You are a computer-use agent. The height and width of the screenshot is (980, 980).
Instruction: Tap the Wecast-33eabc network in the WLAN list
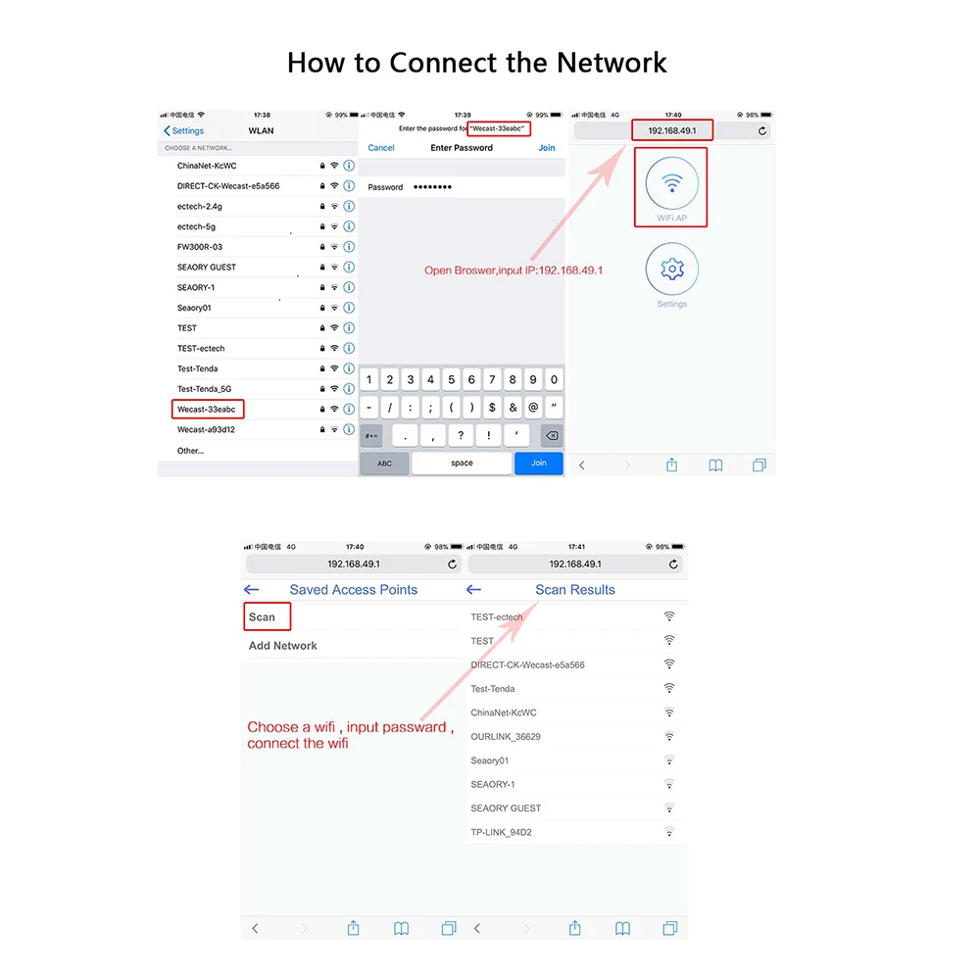206,410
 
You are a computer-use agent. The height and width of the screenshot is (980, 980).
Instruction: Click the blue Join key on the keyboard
538,464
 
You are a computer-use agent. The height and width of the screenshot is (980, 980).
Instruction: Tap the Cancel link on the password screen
380,148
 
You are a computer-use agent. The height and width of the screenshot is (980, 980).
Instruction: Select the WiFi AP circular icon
672,183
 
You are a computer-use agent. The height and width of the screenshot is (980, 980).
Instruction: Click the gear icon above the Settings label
672,269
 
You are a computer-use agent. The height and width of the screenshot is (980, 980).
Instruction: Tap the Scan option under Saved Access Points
262,616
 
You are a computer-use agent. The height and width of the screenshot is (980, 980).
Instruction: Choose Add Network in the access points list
282,646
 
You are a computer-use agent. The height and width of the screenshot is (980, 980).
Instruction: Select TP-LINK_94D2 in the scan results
501,832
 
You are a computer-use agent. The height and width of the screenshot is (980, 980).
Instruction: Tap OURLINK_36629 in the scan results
506,737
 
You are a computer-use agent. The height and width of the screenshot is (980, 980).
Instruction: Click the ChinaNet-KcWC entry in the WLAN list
207,166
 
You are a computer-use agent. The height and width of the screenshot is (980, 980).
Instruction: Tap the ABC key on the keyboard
384,464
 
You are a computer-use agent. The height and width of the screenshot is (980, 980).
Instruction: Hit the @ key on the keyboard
533,408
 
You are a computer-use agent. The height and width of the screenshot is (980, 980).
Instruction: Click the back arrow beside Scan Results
473,589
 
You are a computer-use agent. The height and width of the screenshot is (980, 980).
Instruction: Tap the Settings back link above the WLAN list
184,130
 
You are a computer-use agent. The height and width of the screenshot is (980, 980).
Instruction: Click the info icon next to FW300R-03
350,247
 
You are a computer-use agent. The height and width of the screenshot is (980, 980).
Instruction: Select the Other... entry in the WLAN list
190,451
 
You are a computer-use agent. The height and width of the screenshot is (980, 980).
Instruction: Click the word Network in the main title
612,63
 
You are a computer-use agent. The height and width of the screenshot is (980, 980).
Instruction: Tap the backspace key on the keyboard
552,436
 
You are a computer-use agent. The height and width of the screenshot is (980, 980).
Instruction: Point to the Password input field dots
432,187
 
